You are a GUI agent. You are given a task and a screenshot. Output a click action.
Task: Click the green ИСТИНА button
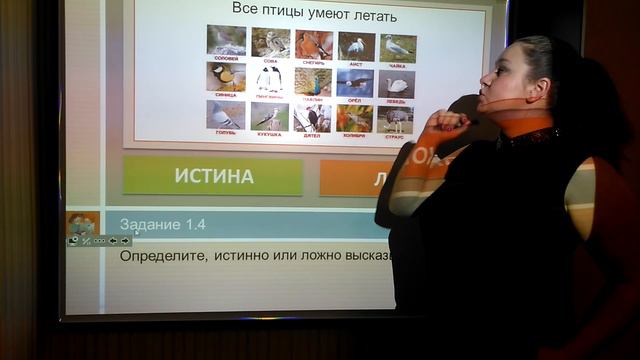pyautogui.click(x=212, y=176)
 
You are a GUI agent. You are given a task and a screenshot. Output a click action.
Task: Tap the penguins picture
pyautogui.click(x=269, y=78)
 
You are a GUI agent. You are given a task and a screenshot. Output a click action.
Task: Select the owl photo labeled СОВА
pyautogui.click(x=270, y=42)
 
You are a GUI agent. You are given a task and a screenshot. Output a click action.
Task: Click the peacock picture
pyautogui.click(x=313, y=80)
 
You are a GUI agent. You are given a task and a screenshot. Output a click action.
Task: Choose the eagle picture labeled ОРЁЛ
pyautogui.click(x=355, y=82)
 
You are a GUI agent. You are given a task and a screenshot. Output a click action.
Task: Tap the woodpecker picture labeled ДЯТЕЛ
pyautogui.click(x=312, y=117)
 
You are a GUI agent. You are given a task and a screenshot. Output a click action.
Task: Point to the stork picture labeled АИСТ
pyautogui.click(x=356, y=45)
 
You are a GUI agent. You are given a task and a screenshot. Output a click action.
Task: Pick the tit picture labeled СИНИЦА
pyautogui.click(x=226, y=76)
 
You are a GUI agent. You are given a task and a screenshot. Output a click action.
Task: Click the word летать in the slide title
pyautogui.click(x=370, y=15)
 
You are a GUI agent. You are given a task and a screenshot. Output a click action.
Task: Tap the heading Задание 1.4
pyautogui.click(x=162, y=225)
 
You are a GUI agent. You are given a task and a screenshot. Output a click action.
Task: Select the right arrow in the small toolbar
pyautogui.click(x=125, y=241)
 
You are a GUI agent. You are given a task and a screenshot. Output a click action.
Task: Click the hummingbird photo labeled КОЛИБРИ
pyautogui.click(x=354, y=118)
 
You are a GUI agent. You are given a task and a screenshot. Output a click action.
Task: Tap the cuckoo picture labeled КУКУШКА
pyautogui.click(x=269, y=116)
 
